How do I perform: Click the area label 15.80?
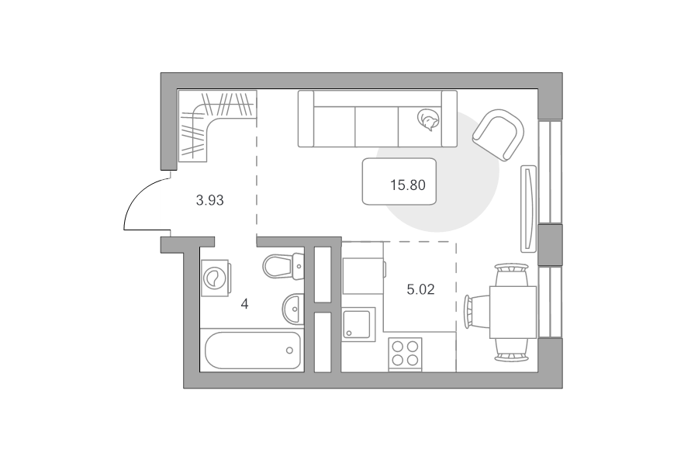click(x=408, y=185)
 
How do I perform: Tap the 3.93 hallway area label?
click(x=209, y=200)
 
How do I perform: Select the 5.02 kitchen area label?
click(x=420, y=290)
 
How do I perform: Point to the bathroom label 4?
click(x=244, y=305)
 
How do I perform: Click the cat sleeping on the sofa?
click(x=428, y=120)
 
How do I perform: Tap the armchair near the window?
click(x=499, y=135)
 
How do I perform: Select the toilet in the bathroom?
click(x=282, y=266)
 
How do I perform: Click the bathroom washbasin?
click(x=293, y=309)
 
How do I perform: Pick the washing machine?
click(x=216, y=278)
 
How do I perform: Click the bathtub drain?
click(x=290, y=351)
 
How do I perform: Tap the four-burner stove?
click(x=406, y=354)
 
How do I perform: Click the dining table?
click(x=513, y=312)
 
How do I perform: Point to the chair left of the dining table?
click(x=476, y=311)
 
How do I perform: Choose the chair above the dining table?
click(x=512, y=275)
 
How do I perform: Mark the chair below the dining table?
click(x=512, y=350)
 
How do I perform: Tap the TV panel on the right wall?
click(x=528, y=209)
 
